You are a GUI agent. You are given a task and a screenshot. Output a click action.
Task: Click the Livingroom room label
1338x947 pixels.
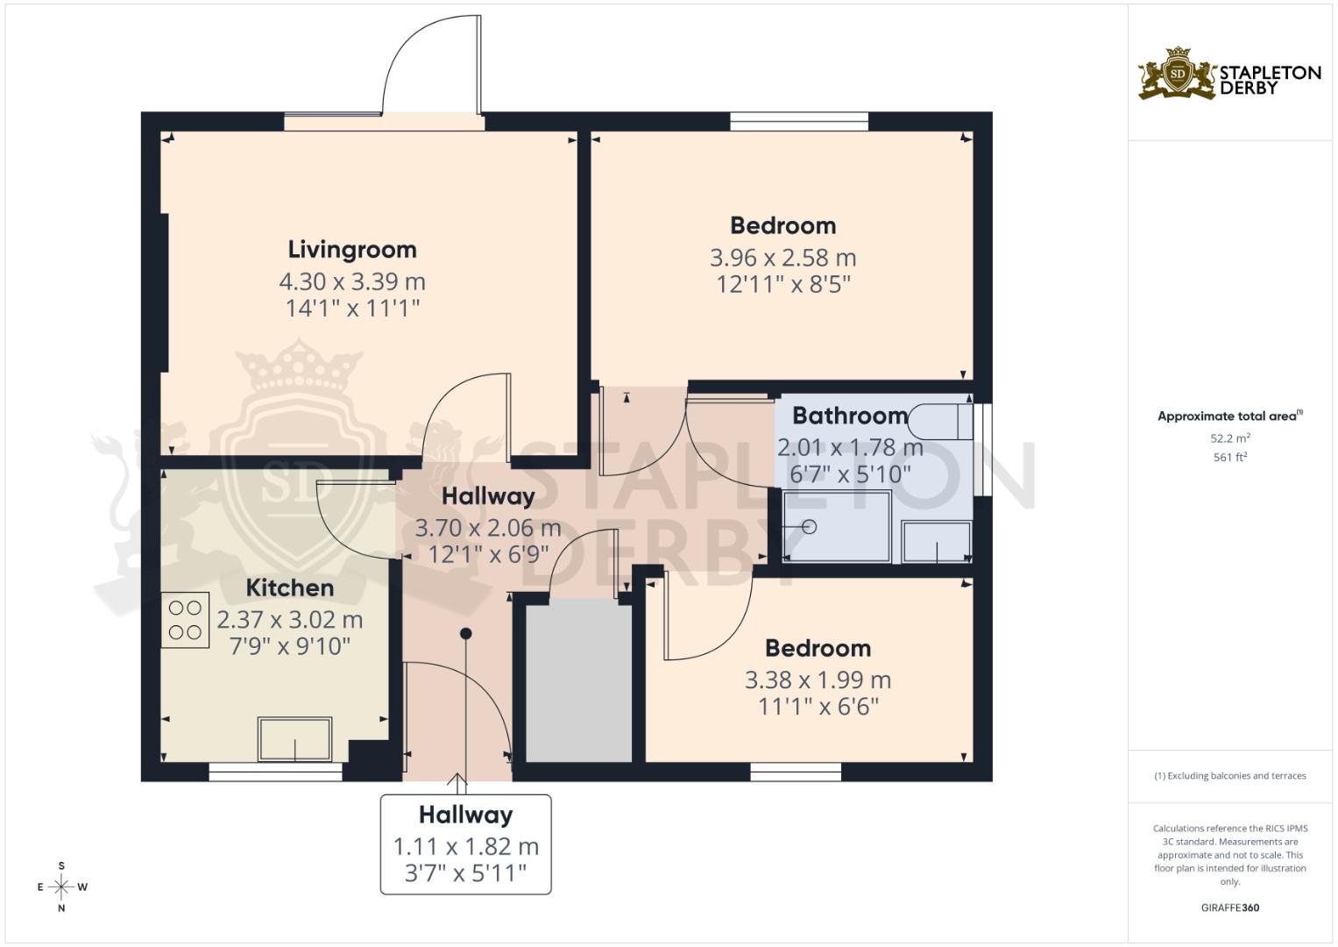351,250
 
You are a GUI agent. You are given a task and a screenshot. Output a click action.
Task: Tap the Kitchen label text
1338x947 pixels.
289,587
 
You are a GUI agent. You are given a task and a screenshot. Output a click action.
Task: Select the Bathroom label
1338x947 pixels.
849,416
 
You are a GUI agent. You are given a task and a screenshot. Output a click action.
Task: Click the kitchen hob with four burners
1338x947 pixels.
185,620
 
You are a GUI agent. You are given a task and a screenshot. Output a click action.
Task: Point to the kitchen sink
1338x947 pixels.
294,739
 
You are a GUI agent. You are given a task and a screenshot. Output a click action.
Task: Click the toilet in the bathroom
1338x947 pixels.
940,422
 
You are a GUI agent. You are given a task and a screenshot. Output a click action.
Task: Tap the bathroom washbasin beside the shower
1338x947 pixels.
936,542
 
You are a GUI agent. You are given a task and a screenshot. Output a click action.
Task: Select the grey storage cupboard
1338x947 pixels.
578,681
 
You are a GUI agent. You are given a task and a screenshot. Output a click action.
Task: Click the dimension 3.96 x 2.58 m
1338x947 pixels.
782,259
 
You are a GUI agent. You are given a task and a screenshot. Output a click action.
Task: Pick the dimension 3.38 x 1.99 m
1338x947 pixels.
818,680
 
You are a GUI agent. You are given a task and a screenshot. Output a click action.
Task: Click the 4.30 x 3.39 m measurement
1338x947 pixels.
351,282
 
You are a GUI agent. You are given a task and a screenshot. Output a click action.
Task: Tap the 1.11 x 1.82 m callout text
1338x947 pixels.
465,847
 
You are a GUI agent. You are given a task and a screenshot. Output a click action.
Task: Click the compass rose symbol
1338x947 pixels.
61,886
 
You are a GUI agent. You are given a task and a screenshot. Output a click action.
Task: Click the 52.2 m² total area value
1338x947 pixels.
1229,438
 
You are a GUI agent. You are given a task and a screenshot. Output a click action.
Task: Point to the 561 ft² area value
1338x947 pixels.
1229,457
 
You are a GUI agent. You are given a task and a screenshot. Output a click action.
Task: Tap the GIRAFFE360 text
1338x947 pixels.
1229,908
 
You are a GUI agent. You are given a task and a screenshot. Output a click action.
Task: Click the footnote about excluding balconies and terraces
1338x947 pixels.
1229,776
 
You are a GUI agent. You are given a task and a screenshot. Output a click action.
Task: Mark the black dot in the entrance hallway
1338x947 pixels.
466,633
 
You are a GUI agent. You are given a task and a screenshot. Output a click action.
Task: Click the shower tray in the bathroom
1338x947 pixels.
836,526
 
